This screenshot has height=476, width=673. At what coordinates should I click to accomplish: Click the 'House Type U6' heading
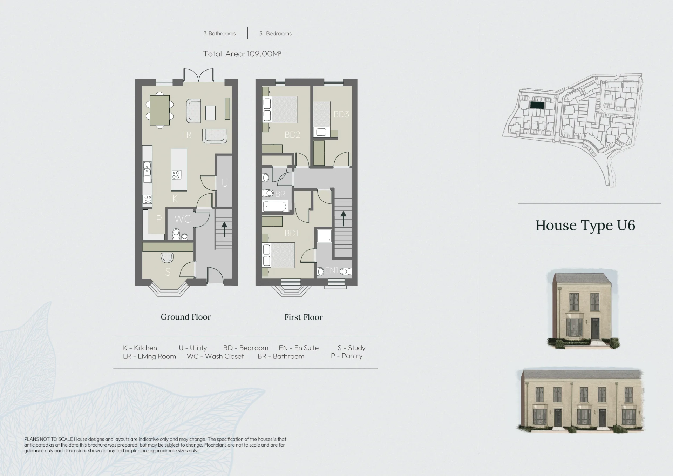(x=585, y=226)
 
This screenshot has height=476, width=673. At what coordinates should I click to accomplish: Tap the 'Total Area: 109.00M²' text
(x=242, y=54)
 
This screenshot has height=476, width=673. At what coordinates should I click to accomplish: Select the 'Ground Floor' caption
(x=186, y=317)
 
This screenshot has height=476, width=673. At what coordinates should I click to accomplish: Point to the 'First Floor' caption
(x=304, y=317)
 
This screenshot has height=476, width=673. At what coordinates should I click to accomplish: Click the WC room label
(x=183, y=219)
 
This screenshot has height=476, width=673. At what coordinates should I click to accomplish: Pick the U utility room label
(x=225, y=183)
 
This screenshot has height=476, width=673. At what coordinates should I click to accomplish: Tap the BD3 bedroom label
(x=341, y=114)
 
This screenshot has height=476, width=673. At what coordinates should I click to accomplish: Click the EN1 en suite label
(x=331, y=270)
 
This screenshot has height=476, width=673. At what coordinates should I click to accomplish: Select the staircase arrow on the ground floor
(x=224, y=229)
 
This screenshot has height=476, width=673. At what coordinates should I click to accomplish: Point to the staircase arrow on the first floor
(x=343, y=219)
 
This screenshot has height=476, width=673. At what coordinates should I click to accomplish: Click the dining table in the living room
(x=159, y=110)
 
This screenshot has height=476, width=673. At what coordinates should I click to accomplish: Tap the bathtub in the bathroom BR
(x=275, y=206)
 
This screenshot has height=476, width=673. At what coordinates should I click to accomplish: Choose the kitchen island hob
(x=176, y=175)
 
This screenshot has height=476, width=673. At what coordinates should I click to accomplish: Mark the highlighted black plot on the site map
(x=537, y=105)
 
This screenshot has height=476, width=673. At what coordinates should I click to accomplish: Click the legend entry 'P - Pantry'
(x=347, y=356)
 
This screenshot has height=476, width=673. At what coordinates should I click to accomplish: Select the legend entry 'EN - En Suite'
(x=299, y=348)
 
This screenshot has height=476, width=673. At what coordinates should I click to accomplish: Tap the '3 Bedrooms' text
(x=276, y=34)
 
